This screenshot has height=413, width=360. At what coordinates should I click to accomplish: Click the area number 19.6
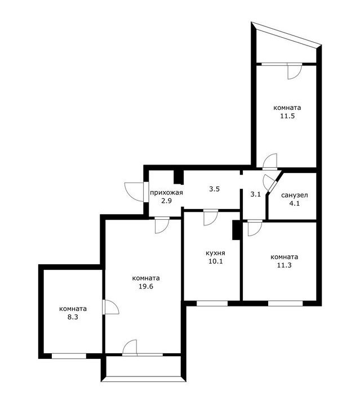point(146,286)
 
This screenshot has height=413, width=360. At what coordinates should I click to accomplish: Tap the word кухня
point(215,253)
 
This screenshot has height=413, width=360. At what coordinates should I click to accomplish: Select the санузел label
point(295,195)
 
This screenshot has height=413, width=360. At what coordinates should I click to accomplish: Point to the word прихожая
point(166,193)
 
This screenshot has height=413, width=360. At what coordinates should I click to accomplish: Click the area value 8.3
point(73,317)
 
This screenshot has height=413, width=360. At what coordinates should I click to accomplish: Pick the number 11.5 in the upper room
point(287,116)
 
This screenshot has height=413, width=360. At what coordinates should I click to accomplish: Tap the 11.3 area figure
point(285,265)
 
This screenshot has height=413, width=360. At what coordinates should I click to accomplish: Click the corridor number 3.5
point(215,189)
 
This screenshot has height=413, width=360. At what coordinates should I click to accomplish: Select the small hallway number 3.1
point(255,194)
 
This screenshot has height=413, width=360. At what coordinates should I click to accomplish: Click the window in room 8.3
point(69,356)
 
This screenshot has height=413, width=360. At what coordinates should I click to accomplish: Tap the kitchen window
point(212,304)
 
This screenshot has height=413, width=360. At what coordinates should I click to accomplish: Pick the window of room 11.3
point(286,304)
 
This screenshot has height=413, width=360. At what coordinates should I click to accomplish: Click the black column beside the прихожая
point(179,177)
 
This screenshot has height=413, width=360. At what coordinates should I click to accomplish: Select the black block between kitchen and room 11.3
point(236,230)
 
